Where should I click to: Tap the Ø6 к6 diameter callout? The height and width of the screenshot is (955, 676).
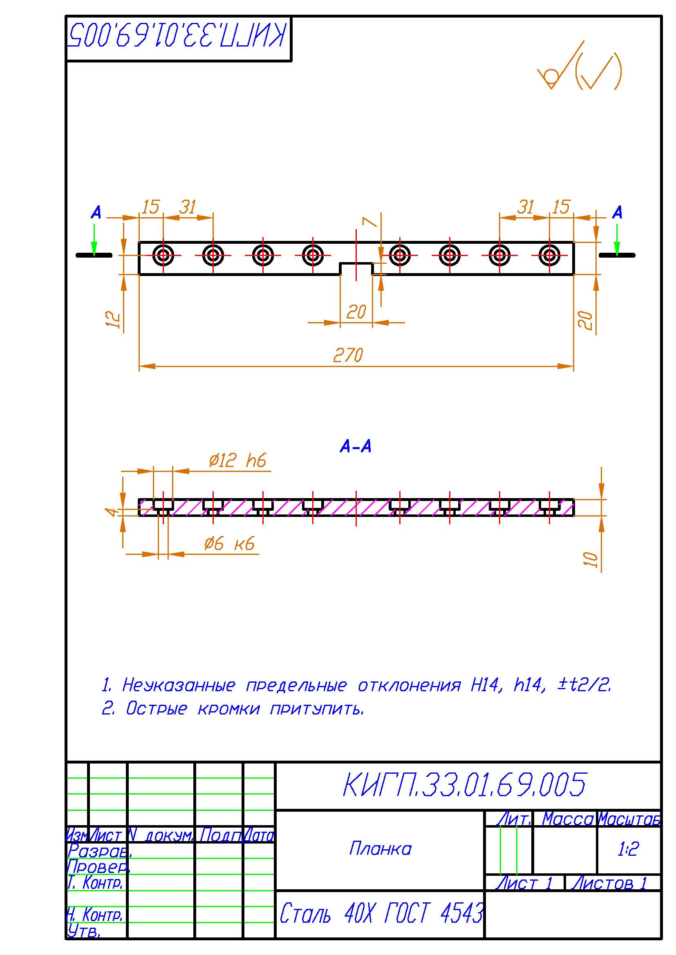click(x=229, y=543)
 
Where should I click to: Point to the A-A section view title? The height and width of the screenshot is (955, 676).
click(x=356, y=447)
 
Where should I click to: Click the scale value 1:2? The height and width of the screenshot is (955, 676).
click(x=628, y=849)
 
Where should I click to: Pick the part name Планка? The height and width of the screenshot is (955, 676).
click(x=380, y=849)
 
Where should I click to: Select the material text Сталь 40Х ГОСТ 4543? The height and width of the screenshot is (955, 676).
click(x=381, y=914)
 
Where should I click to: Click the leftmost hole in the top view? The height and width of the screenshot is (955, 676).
click(x=163, y=255)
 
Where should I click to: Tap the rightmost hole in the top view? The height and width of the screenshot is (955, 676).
click(x=549, y=255)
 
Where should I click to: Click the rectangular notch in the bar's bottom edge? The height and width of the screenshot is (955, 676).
click(x=356, y=269)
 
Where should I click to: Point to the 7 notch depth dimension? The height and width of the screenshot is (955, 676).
click(x=368, y=222)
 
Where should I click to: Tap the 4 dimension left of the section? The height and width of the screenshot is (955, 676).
click(x=111, y=511)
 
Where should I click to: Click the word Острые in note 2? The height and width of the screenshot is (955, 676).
click(x=157, y=708)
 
